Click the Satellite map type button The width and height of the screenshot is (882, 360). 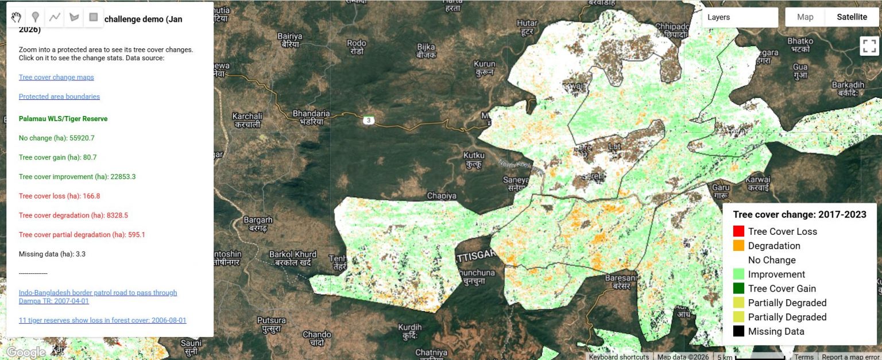852,17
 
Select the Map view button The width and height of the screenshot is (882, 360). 805,17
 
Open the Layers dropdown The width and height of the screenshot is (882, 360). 740,17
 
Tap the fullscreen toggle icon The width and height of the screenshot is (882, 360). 869,46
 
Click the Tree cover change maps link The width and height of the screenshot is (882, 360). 56,77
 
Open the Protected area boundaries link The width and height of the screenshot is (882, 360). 59,96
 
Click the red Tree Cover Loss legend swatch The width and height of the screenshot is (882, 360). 738,231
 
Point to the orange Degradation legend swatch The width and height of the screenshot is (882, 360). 738,246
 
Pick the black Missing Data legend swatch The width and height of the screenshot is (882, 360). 738,331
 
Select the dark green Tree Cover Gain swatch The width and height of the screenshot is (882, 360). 738,288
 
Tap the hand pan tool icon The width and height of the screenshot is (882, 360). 16,17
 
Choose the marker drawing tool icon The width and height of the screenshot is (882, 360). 36,17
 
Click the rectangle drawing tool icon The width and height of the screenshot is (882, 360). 93,17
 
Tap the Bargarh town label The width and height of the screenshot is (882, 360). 258,219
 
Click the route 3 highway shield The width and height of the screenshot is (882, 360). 368,120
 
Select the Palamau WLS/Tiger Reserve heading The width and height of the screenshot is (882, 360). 63,119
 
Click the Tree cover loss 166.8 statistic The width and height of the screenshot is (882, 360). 59,196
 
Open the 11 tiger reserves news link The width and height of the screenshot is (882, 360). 102,320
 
